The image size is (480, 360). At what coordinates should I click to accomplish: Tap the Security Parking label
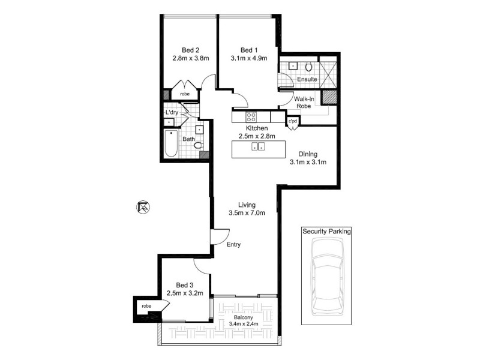tap(326, 231)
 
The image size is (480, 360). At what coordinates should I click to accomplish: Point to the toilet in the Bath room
tap(199, 145)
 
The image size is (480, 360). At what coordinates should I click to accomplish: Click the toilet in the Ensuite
tap(309, 67)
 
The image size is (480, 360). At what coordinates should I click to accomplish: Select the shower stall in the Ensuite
tap(328, 72)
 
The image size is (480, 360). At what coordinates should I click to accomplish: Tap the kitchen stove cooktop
tap(250, 117)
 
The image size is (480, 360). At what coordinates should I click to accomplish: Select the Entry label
tap(234, 244)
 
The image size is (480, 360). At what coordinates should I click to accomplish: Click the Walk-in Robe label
tap(302, 102)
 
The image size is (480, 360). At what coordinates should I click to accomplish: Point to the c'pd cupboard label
tap(293, 122)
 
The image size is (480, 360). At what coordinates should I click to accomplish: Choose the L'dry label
tap(172, 112)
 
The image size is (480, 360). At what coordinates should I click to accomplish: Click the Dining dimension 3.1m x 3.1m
tap(308, 162)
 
